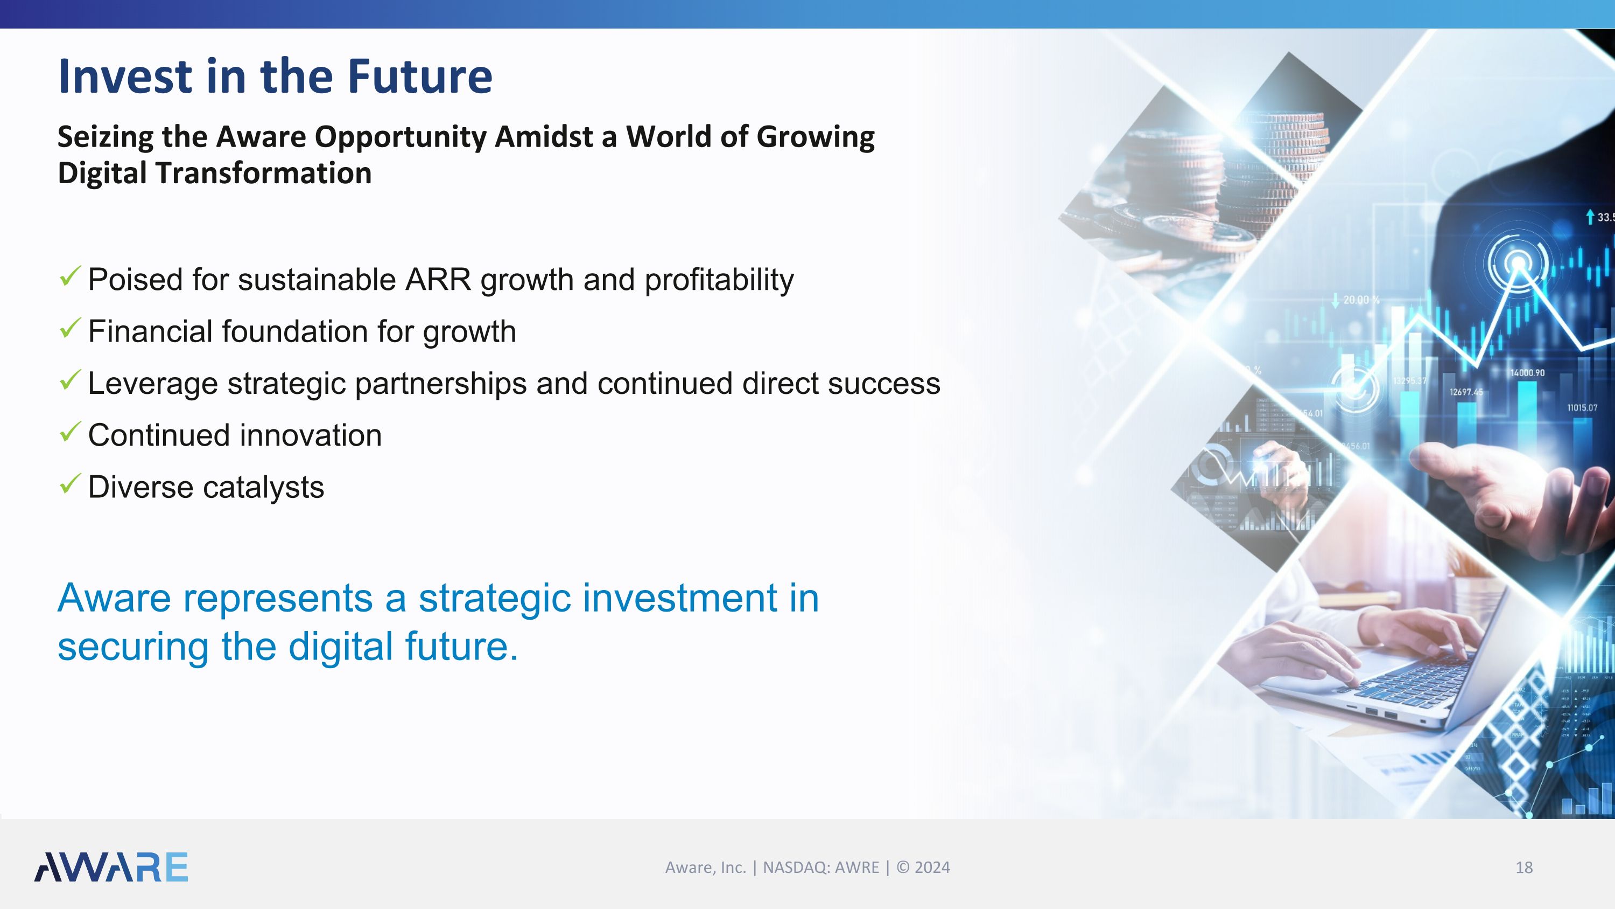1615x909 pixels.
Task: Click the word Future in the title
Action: pos(420,77)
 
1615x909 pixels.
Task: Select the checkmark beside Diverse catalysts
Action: pos(69,484)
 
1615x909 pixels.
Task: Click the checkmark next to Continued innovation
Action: pos(69,432)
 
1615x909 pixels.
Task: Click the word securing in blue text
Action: pos(133,647)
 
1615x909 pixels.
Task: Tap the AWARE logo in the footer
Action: pos(111,867)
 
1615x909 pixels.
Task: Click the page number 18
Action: pos(1523,868)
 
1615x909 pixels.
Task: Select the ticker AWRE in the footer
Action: pos(856,868)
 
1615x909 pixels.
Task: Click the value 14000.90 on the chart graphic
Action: pos(1527,373)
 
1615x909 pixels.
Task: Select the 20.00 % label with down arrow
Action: pos(1357,300)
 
